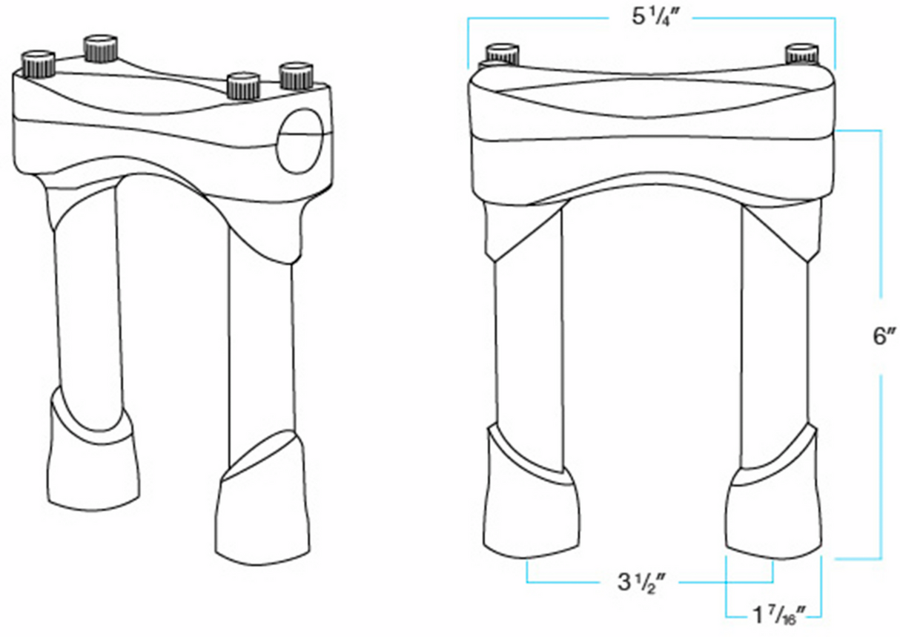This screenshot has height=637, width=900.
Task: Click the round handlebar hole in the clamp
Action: click(x=300, y=139)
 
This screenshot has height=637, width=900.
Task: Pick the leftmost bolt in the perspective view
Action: click(x=38, y=65)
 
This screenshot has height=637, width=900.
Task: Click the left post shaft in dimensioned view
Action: click(x=527, y=341)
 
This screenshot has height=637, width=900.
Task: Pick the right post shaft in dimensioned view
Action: click(x=775, y=341)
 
